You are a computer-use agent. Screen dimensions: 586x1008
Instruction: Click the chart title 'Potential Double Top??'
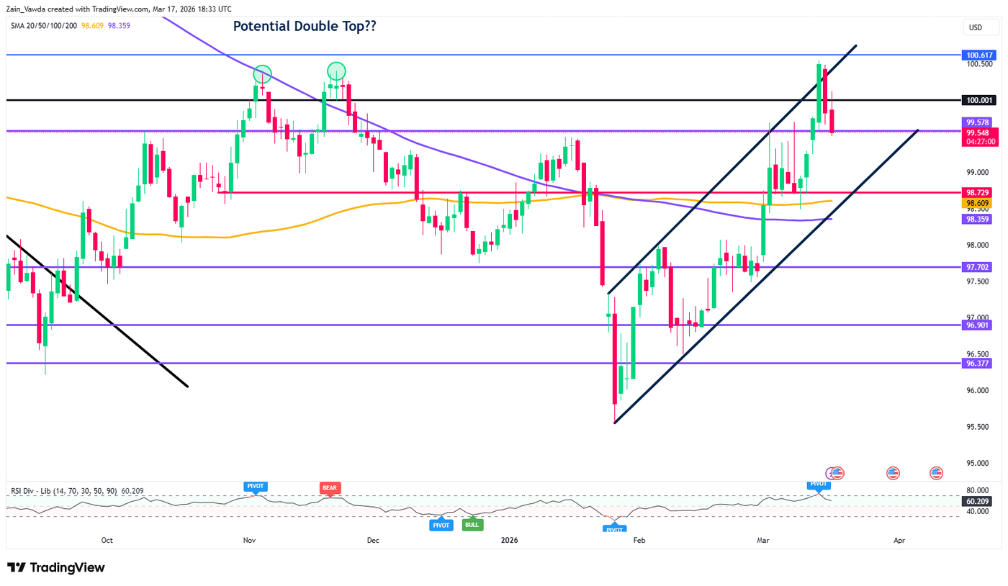pyautogui.click(x=305, y=27)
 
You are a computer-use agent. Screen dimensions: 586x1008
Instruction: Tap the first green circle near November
pyautogui.click(x=262, y=74)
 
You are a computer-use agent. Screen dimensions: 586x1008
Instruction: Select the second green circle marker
pyautogui.click(x=336, y=71)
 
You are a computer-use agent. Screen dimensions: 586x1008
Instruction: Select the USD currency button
pyautogui.click(x=976, y=27)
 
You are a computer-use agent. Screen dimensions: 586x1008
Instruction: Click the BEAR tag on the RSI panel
pyautogui.click(x=330, y=487)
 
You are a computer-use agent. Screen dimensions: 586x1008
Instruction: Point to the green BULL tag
pyautogui.click(x=472, y=525)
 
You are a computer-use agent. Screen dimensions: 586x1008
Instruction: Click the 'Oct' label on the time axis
pyautogui.click(x=107, y=540)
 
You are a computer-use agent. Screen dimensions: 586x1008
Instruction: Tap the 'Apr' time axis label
pyautogui.click(x=899, y=540)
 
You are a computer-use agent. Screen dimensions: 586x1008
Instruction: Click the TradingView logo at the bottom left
pyautogui.click(x=55, y=567)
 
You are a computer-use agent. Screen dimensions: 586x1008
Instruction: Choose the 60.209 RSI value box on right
pyautogui.click(x=976, y=501)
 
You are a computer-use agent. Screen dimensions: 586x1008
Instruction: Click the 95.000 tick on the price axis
pyautogui.click(x=976, y=463)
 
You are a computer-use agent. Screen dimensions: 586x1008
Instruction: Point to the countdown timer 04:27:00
pyautogui.click(x=976, y=143)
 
